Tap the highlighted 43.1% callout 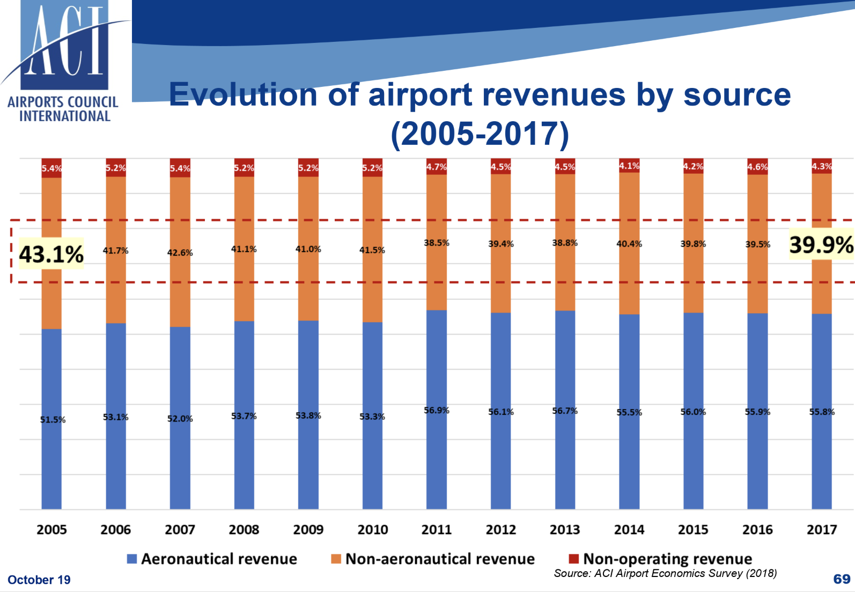pyautogui.click(x=51, y=254)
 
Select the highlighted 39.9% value pyautogui.click(x=821, y=245)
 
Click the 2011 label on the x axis pyautogui.click(x=437, y=530)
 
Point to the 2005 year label pyautogui.click(x=51, y=530)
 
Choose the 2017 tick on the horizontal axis pyautogui.click(x=822, y=530)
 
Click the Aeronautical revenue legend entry pyautogui.click(x=212, y=559)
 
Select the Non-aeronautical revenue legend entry pyautogui.click(x=433, y=559)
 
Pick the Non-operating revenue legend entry pyautogui.click(x=660, y=559)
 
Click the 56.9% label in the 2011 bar pyautogui.click(x=437, y=410)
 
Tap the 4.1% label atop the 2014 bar pyautogui.click(x=629, y=166)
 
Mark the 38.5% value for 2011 pyautogui.click(x=437, y=243)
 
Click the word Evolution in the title pyautogui.click(x=244, y=95)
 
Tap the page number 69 pyautogui.click(x=842, y=579)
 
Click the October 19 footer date pyautogui.click(x=39, y=580)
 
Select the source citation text pyautogui.click(x=665, y=573)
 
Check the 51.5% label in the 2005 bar pyautogui.click(x=53, y=419)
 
